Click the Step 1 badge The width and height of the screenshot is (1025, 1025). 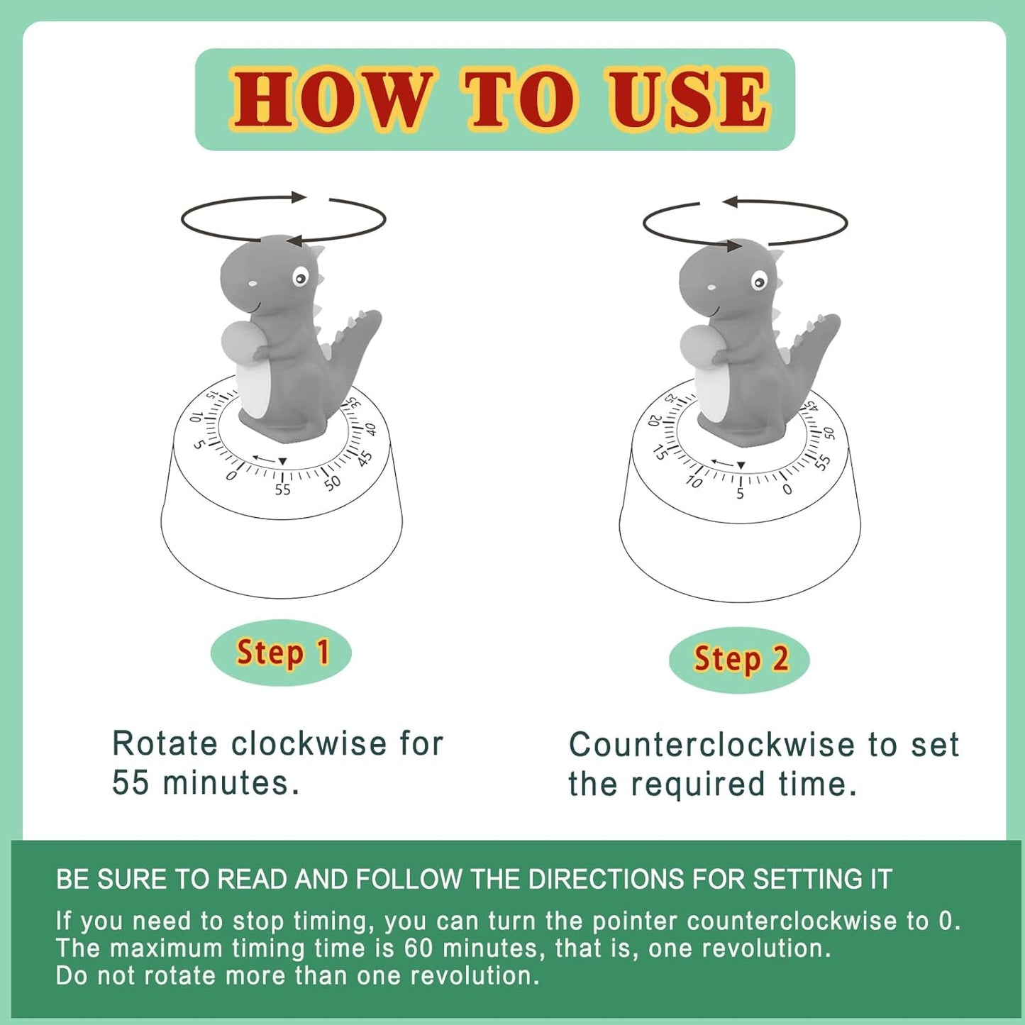(x=281, y=652)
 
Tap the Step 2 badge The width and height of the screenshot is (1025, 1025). (x=739, y=659)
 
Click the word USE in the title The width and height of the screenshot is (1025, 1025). (x=687, y=99)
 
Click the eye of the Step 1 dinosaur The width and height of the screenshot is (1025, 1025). (x=301, y=277)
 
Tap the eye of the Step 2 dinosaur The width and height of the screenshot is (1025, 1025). (x=759, y=282)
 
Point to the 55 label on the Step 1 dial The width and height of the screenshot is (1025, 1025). (x=282, y=489)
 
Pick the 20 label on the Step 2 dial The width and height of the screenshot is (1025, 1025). (x=655, y=419)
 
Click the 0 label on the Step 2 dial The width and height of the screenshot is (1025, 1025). (x=787, y=489)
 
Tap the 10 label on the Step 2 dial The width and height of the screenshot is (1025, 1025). (x=694, y=482)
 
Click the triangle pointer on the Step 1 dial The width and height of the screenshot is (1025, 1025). (x=282, y=462)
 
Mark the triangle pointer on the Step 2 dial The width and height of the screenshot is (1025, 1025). (x=741, y=465)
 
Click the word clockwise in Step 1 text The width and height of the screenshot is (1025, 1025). (x=309, y=744)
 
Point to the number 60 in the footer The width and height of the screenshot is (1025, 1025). (x=419, y=948)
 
